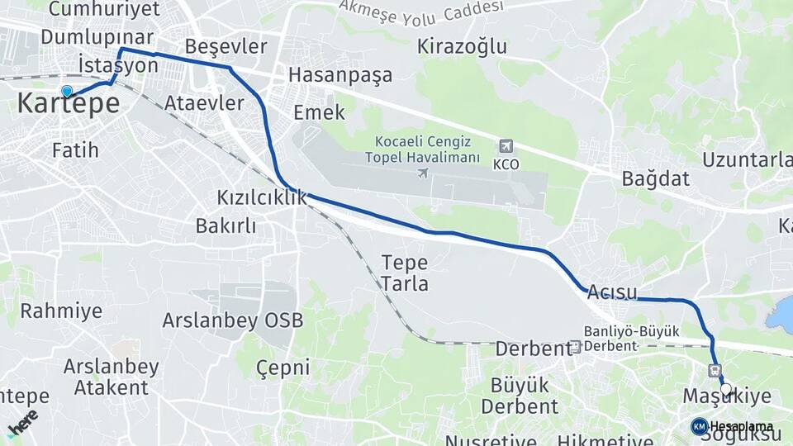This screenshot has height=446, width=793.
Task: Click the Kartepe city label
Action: click(x=69, y=104)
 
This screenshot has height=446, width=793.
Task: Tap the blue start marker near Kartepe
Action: click(x=67, y=92)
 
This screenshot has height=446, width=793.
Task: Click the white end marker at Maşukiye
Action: click(x=725, y=389)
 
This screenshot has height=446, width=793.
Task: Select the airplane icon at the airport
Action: click(x=423, y=173)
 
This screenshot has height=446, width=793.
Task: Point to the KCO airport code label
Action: click(x=506, y=164)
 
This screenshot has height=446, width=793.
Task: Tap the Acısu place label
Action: click(x=612, y=292)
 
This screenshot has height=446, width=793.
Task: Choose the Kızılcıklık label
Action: click(x=261, y=198)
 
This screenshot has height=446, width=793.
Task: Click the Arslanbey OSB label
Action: click(x=233, y=320)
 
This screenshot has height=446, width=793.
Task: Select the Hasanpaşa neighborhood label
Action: click(x=340, y=75)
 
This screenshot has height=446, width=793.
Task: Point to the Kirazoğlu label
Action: click(x=462, y=46)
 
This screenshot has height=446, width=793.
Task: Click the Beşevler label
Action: click(x=226, y=45)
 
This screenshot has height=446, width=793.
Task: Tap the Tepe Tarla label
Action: click(x=405, y=273)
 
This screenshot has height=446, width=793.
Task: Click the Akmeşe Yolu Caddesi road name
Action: click(x=420, y=11)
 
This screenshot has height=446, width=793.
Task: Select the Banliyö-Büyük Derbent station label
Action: click(x=632, y=338)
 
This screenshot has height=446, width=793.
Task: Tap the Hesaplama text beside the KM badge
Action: click(x=742, y=426)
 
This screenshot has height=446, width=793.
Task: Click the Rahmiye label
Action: click(x=61, y=311)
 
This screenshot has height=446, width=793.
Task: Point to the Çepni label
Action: click(x=283, y=368)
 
